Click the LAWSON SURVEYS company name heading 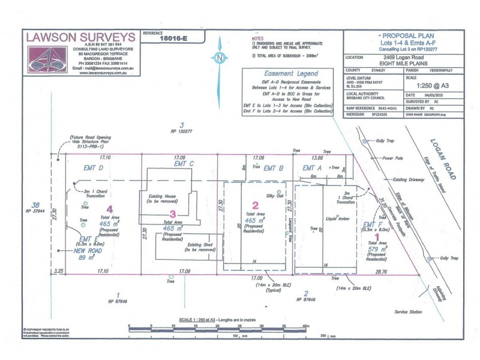point(80,37)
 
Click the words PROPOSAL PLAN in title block point(403,37)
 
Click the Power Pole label point(394,158)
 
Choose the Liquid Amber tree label point(337,219)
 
